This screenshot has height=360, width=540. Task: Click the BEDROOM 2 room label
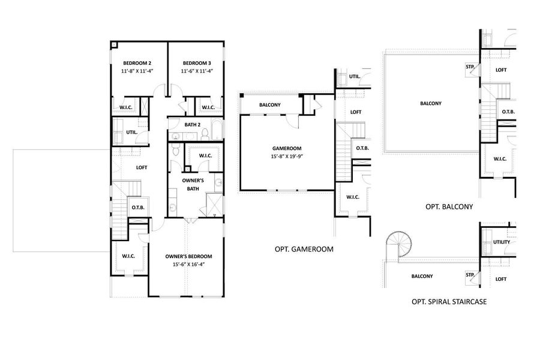pos(137,63)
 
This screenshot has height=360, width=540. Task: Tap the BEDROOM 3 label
pos(197,63)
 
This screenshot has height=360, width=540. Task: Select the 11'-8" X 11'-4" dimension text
pos(137,71)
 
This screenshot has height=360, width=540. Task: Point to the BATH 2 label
pos(192,125)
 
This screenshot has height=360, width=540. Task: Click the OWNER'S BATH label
pos(194,184)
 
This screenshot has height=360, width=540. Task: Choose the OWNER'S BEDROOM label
pos(188,256)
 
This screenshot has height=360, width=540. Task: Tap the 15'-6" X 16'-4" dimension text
pos(188,264)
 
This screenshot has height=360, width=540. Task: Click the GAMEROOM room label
pos(286,148)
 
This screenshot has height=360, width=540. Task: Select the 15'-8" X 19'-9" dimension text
pos(286,157)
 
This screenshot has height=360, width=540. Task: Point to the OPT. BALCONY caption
pos(449,206)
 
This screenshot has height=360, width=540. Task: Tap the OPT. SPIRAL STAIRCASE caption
pos(449,302)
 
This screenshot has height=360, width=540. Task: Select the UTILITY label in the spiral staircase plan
pos(501,242)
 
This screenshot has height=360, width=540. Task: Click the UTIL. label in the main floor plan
pos(131,132)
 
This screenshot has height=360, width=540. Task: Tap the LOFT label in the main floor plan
pos(142,167)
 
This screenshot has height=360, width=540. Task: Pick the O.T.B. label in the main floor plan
pos(137,208)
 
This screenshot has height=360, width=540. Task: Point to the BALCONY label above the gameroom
pos(269,106)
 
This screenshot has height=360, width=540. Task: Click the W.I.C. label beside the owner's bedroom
pos(128,256)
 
